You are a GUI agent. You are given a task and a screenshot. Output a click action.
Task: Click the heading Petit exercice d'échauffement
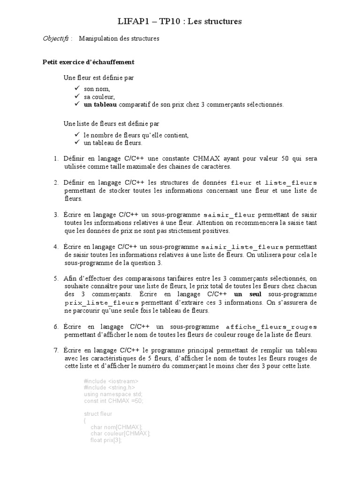(x=89, y=62)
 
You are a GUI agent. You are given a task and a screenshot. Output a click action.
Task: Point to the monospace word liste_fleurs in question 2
(x=291, y=182)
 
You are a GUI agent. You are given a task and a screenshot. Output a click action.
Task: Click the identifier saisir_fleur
(x=228, y=215)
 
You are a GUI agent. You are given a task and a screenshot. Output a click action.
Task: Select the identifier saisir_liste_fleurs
(x=242, y=247)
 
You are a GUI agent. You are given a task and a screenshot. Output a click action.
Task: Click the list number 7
(x=55, y=350)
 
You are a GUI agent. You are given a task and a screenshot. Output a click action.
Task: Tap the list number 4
(x=55, y=247)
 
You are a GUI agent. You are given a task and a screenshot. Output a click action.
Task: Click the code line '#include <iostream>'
(x=111, y=381)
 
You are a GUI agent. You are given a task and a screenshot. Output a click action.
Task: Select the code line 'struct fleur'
(x=98, y=414)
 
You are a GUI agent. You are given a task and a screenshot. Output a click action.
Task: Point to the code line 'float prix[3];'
(x=106, y=440)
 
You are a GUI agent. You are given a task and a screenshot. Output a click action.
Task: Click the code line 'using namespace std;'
(x=113, y=394)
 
